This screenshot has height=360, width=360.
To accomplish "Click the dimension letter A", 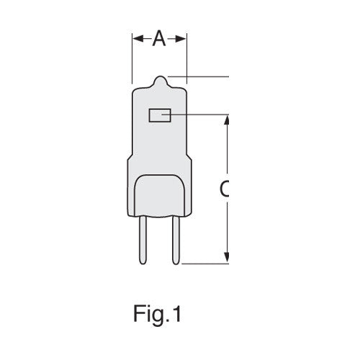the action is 159,38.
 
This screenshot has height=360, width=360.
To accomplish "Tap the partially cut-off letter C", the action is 224,189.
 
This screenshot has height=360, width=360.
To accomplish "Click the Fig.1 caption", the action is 157,313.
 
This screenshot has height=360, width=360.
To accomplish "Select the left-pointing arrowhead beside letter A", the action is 138,38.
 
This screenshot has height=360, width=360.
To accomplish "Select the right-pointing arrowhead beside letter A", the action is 181,38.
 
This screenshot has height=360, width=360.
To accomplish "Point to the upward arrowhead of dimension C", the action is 227,120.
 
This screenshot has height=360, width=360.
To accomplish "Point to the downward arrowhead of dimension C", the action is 227,257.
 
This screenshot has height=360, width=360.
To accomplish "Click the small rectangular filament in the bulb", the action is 160,115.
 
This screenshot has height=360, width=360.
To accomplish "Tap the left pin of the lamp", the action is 143,240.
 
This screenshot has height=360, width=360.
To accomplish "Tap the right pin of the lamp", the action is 176,240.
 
